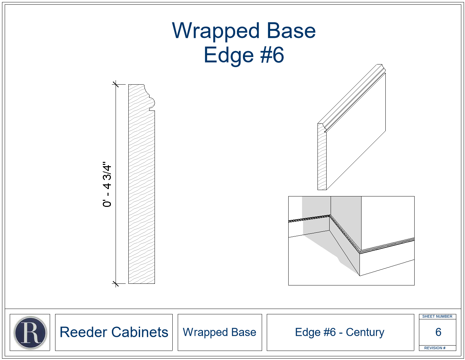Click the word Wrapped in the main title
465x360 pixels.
[x=216, y=31]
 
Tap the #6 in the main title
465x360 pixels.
[x=272, y=55]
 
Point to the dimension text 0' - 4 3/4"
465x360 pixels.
[x=107, y=184]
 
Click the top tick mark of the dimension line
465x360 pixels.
[x=116, y=84]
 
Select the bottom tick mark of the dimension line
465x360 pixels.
[x=116, y=284]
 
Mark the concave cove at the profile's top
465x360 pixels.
[x=146, y=91]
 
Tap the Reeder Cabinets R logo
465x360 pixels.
[x=30, y=332]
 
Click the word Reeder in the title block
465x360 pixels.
[x=83, y=332]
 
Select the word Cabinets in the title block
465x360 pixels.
[x=140, y=332]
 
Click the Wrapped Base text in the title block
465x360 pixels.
[x=219, y=332]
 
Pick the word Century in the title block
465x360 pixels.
[x=365, y=332]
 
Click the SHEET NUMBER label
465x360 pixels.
[x=437, y=316]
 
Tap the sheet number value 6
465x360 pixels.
[x=438, y=332]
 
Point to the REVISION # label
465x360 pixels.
[x=435, y=348]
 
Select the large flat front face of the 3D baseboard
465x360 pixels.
[x=356, y=132]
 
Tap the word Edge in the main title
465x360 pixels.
[x=229, y=55]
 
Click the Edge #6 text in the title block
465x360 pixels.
[x=315, y=332]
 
